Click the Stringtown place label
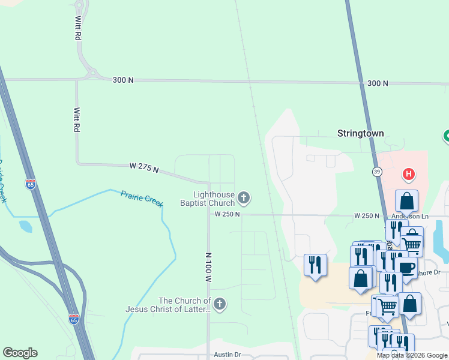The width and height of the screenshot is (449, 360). pyautogui.click(x=360, y=133)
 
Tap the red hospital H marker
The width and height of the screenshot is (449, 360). pyautogui.click(x=409, y=175)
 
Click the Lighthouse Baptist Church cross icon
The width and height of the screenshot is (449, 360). pyautogui.click(x=244, y=197)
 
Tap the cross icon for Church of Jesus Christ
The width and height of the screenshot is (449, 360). pyautogui.click(x=220, y=304)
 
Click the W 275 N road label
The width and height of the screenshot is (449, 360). pyautogui.click(x=144, y=167)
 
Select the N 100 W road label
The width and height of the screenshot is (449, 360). pyautogui.click(x=209, y=267)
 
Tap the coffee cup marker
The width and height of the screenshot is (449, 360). pyautogui.click(x=406, y=268)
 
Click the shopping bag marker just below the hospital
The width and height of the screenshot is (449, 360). pyautogui.click(x=406, y=201)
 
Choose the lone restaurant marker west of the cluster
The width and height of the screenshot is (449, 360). pyautogui.click(x=315, y=265)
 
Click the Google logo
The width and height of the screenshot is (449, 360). pyautogui.click(x=20, y=353)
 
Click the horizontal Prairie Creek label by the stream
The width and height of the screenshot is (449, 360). pyautogui.click(x=142, y=199)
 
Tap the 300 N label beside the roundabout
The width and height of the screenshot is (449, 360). pyautogui.click(x=123, y=80)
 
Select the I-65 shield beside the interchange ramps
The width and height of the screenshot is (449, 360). pyautogui.click(x=73, y=319)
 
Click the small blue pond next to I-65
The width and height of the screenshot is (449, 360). pyautogui.click(x=26, y=226)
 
